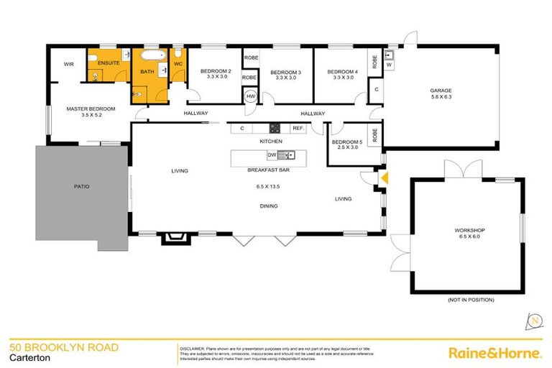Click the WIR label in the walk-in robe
[69, 64]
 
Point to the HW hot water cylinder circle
[251, 96]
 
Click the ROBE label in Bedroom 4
[375, 61]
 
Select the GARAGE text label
[441, 90]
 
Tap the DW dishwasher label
[272, 155]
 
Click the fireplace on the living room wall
[173, 238]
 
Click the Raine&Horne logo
[494, 352]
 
